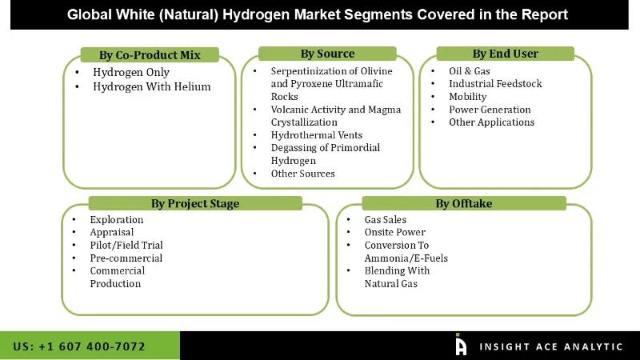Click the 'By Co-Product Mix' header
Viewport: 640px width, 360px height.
150,55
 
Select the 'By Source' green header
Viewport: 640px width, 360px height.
327,54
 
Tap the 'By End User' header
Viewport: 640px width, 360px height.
505,54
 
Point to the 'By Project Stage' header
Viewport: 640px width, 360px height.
194,203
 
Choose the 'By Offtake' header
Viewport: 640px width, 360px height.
463,203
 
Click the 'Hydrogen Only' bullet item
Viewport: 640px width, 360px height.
131,73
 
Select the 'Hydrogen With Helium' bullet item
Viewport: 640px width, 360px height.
151,86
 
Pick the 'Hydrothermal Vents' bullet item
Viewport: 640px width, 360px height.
316,135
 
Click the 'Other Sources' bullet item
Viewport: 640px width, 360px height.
302,174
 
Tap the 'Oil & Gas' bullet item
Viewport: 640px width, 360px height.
470,71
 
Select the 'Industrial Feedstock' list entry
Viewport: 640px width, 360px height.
495,84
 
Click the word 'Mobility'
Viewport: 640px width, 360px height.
467,97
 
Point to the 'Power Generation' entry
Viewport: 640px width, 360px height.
490,110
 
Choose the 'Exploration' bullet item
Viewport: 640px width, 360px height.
117,220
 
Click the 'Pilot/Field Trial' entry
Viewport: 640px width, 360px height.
126,246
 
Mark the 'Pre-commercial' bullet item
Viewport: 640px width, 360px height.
126,258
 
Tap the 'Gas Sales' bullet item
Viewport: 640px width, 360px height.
385,220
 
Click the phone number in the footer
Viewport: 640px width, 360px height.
79,346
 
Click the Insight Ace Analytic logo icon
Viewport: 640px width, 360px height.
461,345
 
